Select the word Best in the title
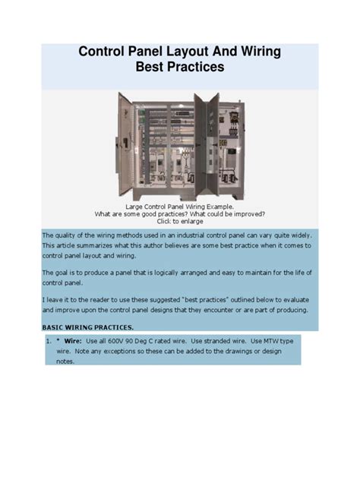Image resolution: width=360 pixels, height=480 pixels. (151, 67)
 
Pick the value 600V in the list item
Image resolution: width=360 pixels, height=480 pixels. (125, 342)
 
